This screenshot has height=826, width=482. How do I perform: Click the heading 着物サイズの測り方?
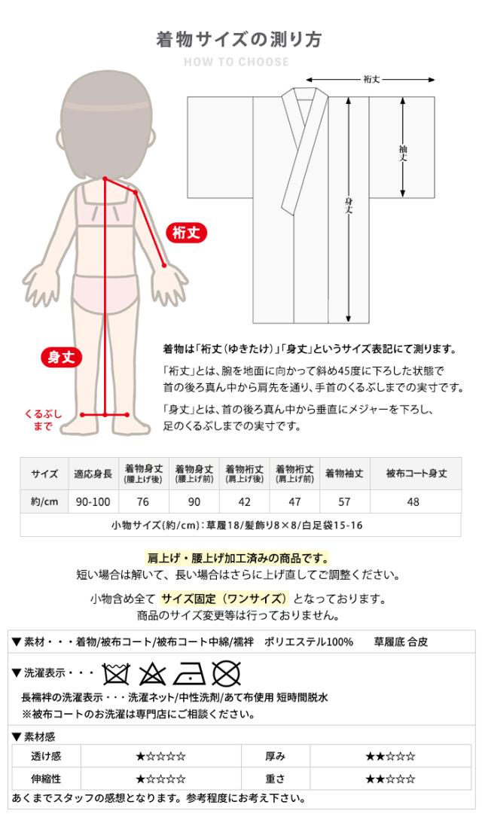click(239, 40)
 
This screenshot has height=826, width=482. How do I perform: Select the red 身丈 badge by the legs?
click(61, 358)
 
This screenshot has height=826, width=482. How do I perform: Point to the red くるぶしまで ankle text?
click(43, 420)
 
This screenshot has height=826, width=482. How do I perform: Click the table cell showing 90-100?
click(93, 501)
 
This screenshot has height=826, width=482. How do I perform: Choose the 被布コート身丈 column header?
click(416, 474)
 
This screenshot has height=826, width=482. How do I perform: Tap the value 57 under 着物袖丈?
click(344, 501)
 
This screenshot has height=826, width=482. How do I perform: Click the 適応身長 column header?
click(93, 474)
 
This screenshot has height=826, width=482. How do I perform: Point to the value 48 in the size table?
click(413, 501)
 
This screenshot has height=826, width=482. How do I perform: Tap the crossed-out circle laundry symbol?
click(225, 672)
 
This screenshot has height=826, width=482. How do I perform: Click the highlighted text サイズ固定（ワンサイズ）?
click(224, 599)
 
